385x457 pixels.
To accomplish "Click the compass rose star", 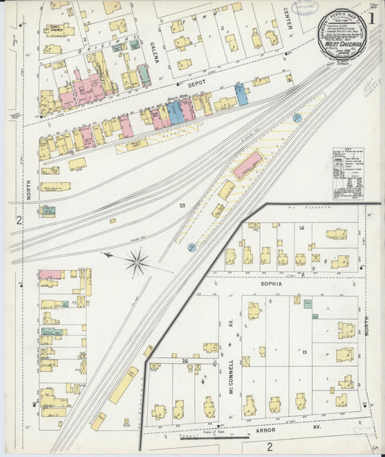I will click(137, 261).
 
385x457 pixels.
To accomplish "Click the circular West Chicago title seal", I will click(343, 35).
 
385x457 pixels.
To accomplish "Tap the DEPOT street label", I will click(197, 84).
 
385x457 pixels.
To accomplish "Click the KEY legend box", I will click(348, 173).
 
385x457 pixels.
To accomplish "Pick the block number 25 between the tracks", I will click(182, 206).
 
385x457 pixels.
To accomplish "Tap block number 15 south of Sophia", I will click(305, 351).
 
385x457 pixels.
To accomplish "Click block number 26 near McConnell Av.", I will click(186, 360).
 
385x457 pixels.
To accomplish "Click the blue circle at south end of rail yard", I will click(191, 247).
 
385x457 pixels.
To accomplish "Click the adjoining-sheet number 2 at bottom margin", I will click(269, 446).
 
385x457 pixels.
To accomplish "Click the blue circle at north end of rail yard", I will click(296, 117).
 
